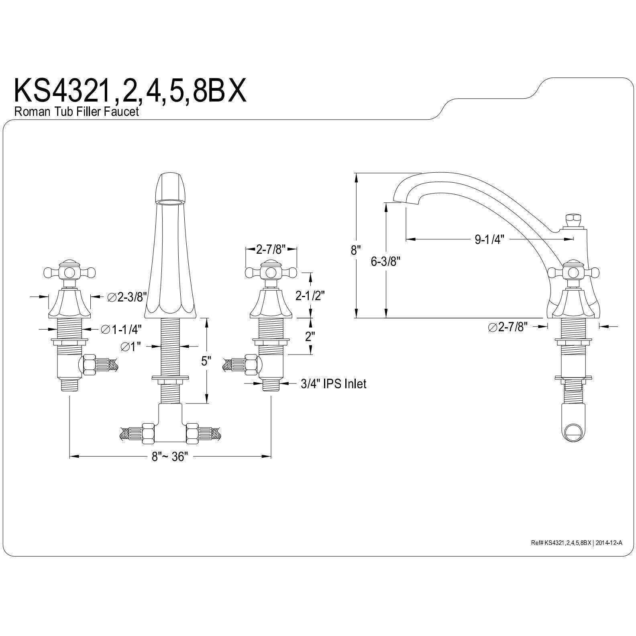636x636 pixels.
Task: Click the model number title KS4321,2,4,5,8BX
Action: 129,91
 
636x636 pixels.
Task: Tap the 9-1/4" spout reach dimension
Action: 489,239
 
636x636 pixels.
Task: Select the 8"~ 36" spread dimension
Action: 169,457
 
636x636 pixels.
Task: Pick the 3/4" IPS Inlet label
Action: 333,384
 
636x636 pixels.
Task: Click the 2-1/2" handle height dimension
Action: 310,296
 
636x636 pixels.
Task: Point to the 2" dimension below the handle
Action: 309,336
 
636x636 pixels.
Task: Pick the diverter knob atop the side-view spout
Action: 571,220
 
